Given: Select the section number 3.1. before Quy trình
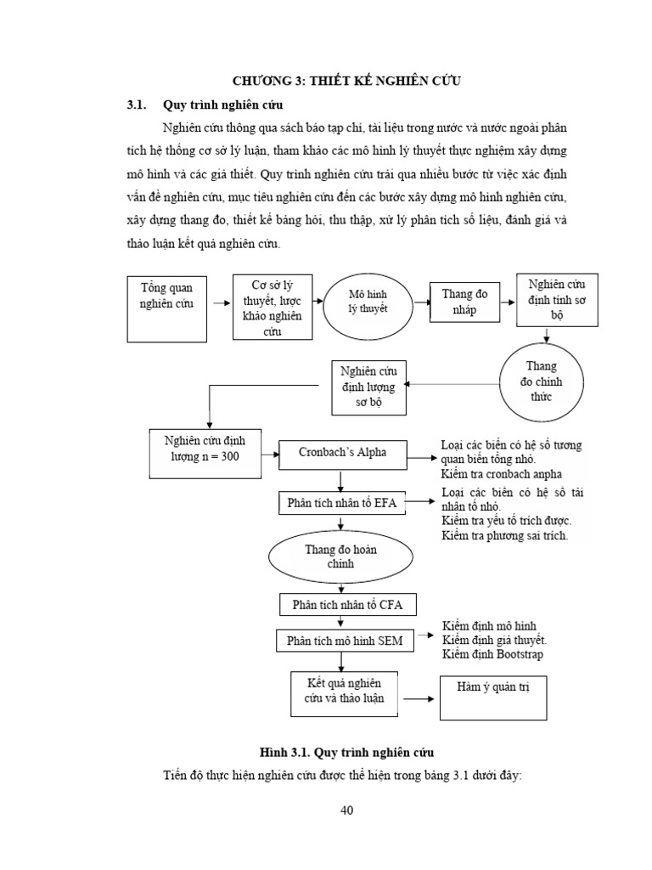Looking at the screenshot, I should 138,105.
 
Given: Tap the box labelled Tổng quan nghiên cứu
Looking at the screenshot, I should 166,308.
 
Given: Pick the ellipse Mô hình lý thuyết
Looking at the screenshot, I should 368,302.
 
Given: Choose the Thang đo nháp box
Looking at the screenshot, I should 464,302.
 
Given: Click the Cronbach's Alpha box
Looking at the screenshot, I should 343,453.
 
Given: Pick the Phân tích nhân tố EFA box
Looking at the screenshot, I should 343,503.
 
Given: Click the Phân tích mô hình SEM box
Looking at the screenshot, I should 344,641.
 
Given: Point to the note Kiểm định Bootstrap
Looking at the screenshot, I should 492,654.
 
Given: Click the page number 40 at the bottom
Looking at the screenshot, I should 346,810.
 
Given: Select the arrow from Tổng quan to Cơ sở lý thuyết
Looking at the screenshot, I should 221,302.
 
